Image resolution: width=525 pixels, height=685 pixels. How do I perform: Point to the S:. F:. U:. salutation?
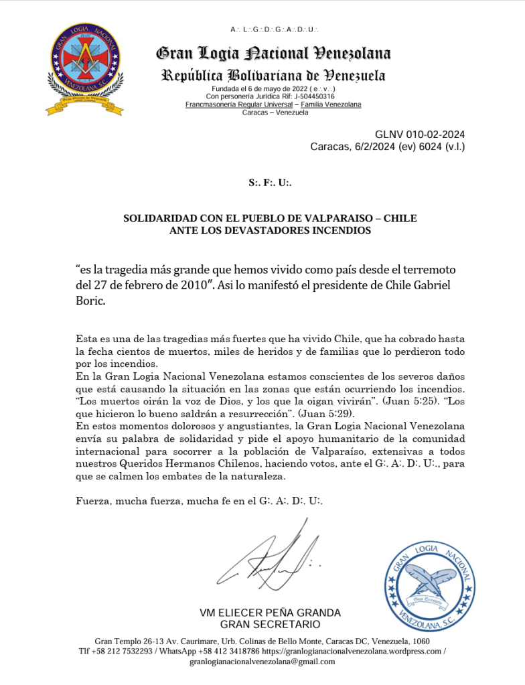pos(270,182)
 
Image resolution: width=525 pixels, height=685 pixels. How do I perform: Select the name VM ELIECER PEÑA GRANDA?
pos(270,613)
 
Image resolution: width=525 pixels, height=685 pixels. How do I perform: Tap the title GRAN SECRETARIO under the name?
pos(270,625)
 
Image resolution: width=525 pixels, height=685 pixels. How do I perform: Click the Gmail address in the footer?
pos(262,662)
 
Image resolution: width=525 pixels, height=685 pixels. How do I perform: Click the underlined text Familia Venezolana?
pos(331,104)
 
